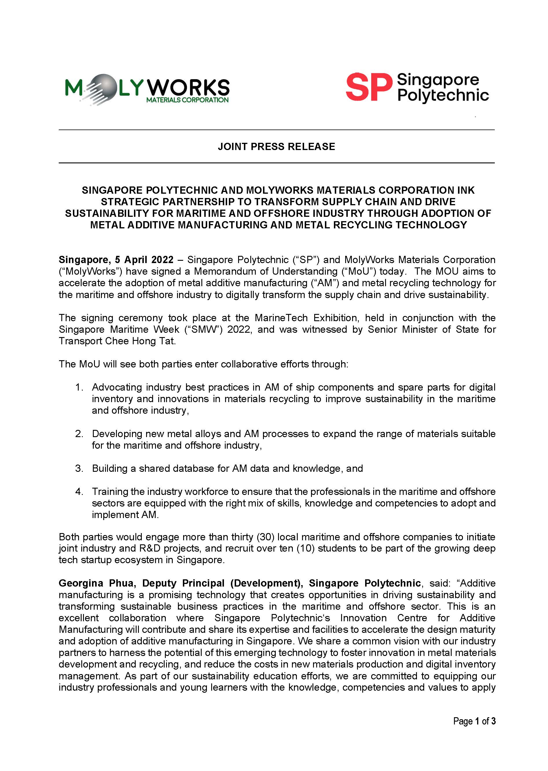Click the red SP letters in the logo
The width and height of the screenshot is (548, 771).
point(369,87)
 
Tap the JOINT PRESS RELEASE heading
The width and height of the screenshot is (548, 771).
point(276,147)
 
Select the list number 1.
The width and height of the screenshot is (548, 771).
point(79,387)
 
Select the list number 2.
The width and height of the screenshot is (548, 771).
point(79,434)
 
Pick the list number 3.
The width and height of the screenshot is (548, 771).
point(79,469)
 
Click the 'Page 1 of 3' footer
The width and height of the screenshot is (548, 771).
point(474,721)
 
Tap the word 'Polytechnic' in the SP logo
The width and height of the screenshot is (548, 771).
point(443,95)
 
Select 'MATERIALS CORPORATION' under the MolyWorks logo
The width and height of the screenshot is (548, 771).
point(187,100)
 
